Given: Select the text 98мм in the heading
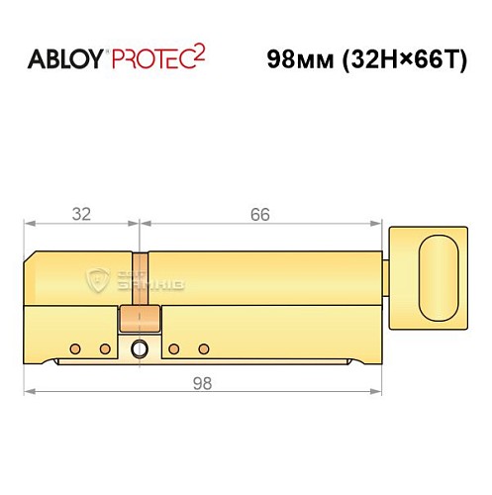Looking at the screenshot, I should coord(296,58).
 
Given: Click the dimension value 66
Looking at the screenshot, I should coord(259,213).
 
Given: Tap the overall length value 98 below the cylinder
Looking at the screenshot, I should coord(205,382).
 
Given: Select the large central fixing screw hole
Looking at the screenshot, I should coord(138,348).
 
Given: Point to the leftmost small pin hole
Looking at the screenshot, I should coord(75,347).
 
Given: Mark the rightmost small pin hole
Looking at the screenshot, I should coord(203,347).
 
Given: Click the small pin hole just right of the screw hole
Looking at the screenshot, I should coord(172,347).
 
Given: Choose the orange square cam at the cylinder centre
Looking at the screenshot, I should coord(139,320).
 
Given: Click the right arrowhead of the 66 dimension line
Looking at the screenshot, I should coord(378,224).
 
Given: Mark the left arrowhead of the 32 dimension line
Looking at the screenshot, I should coord(29,224).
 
